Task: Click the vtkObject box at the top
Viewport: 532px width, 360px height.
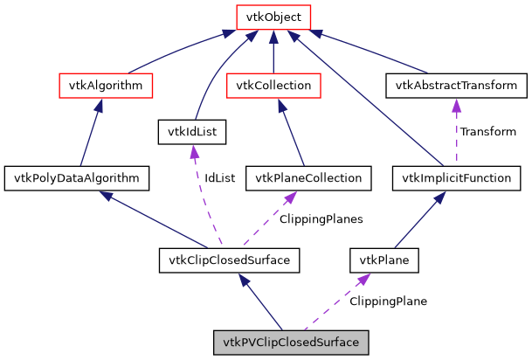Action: pyautogui.click(x=273, y=17)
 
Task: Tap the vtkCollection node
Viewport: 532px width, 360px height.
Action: pyautogui.click(x=273, y=86)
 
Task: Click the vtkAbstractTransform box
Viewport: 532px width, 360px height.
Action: pyautogui.click(x=456, y=86)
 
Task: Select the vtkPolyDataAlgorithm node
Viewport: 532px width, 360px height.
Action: pyautogui.click(x=76, y=178)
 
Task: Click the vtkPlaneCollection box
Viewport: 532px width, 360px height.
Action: pyautogui.click(x=308, y=178)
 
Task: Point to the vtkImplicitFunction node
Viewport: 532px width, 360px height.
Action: pyautogui.click(x=456, y=178)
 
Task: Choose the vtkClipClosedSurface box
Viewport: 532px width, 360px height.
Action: pyautogui.click(x=230, y=260)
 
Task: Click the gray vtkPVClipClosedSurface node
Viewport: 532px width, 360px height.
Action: pyautogui.click(x=291, y=342)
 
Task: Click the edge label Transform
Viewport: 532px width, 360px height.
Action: pyautogui.click(x=487, y=132)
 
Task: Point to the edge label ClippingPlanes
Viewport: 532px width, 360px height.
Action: pyautogui.click(x=321, y=218)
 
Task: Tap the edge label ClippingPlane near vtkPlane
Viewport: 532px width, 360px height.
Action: pyautogui.click(x=388, y=301)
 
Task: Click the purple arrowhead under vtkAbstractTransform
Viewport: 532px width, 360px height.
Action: pyautogui.click(x=456, y=104)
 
